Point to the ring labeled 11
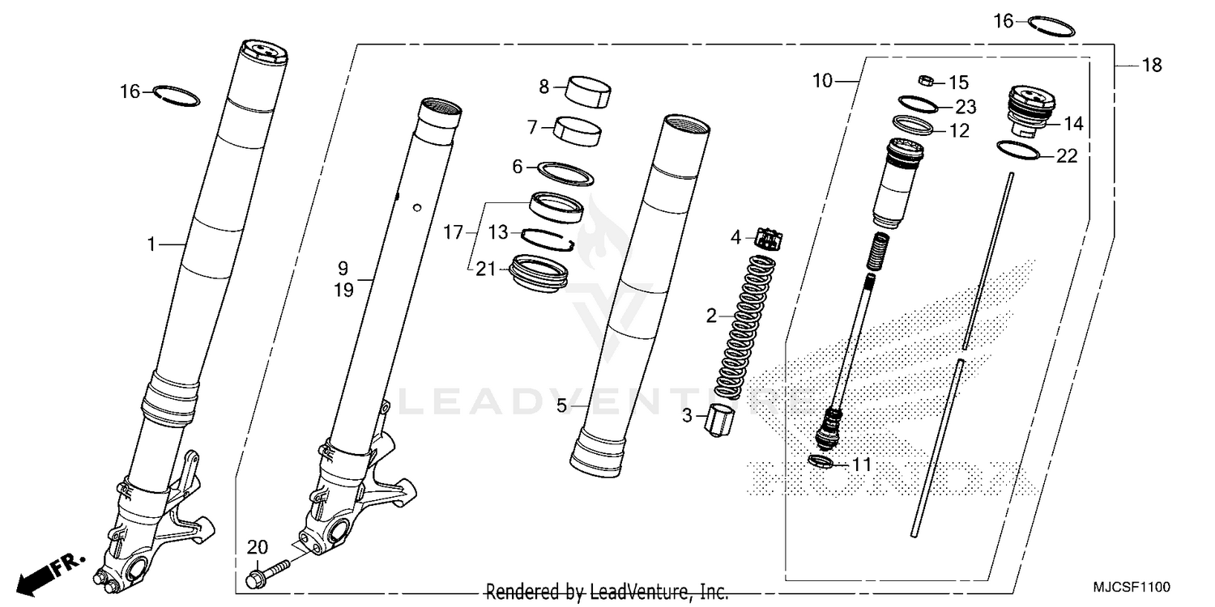tap(821, 462)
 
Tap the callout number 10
tap(822, 81)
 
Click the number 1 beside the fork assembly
tap(150, 243)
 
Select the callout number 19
tap(344, 291)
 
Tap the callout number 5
tap(561, 406)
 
